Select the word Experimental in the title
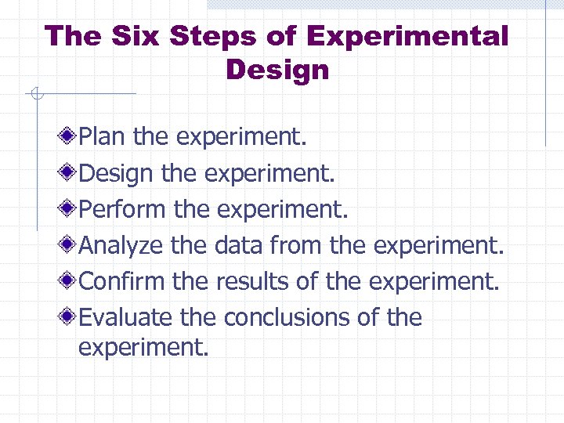pos(407,36)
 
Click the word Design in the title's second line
pos(277,70)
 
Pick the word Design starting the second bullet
pos(117,173)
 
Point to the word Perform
pos(123,209)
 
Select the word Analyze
pos(122,245)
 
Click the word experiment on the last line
pos(143,347)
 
